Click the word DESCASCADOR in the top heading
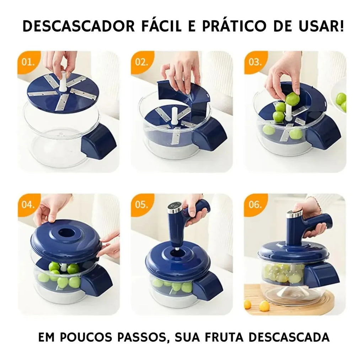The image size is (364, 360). point(79,26)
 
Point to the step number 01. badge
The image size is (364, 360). point(28,62)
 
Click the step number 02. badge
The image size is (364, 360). point(141,62)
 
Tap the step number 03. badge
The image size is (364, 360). point(255,62)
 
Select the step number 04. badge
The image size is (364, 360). point(28,205)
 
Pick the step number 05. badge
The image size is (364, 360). point(141,205)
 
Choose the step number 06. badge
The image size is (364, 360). point(255,205)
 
